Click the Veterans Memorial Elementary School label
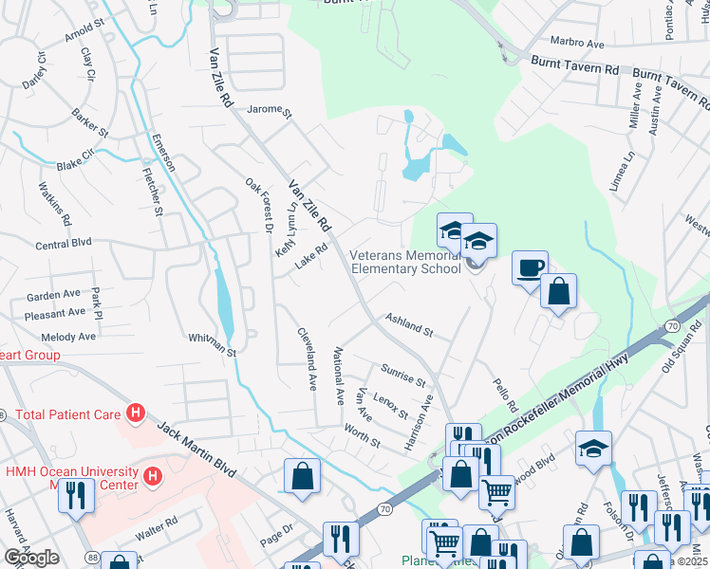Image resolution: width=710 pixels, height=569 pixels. tap(406, 262)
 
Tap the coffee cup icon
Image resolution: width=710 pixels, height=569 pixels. tap(530, 266)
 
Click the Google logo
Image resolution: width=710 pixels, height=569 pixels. tap(31, 558)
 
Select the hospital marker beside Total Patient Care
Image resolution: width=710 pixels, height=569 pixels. tap(136, 413)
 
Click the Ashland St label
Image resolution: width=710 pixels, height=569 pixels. tap(408, 324)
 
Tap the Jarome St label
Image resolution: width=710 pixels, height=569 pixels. tap(270, 111)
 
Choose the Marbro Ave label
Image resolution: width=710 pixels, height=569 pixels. tap(577, 44)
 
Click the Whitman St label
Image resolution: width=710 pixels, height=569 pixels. tap(212, 342)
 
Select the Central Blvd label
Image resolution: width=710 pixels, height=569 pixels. tap(63, 245)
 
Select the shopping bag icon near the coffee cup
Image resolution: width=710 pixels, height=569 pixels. tap(559, 293)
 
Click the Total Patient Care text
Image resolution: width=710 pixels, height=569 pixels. tap(67, 414)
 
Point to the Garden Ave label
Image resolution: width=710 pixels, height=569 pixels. tap(54, 295)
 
